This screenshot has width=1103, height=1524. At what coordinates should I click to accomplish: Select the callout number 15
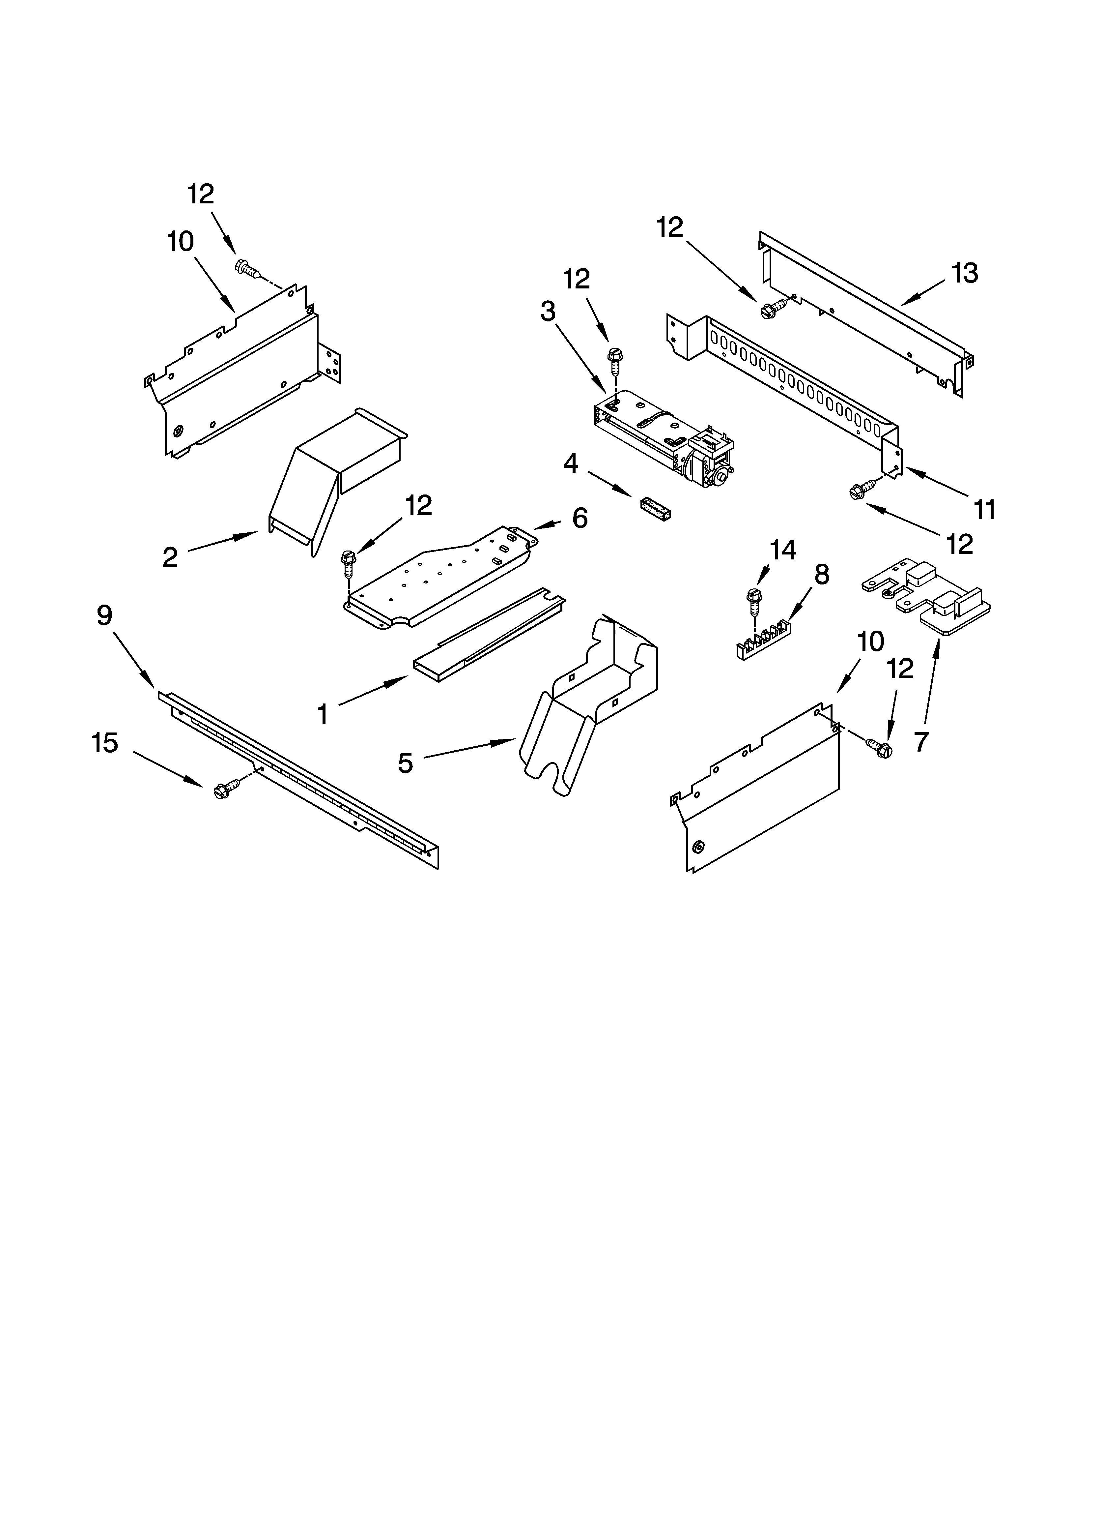click(x=105, y=743)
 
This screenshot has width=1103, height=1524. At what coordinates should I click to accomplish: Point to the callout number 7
click(x=921, y=741)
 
